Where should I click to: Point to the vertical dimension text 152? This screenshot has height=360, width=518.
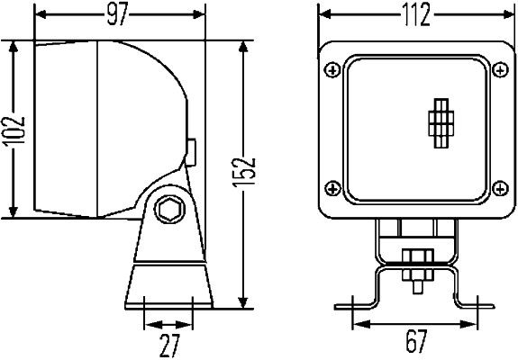250,171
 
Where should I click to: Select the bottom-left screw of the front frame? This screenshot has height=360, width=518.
333,188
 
